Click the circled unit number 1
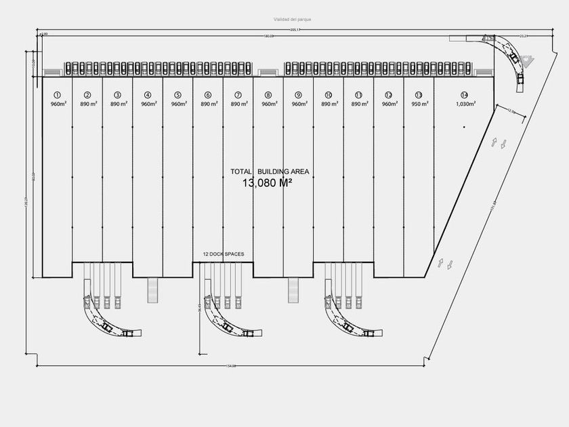(x=57, y=95)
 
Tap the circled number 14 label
(x=463, y=95)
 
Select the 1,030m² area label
(x=464, y=104)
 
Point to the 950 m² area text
(x=419, y=104)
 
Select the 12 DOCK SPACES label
(x=224, y=254)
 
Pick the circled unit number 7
(x=238, y=95)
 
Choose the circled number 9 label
(x=298, y=95)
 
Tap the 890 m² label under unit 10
(x=329, y=104)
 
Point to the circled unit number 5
(x=177, y=95)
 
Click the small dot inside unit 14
(x=464, y=127)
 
